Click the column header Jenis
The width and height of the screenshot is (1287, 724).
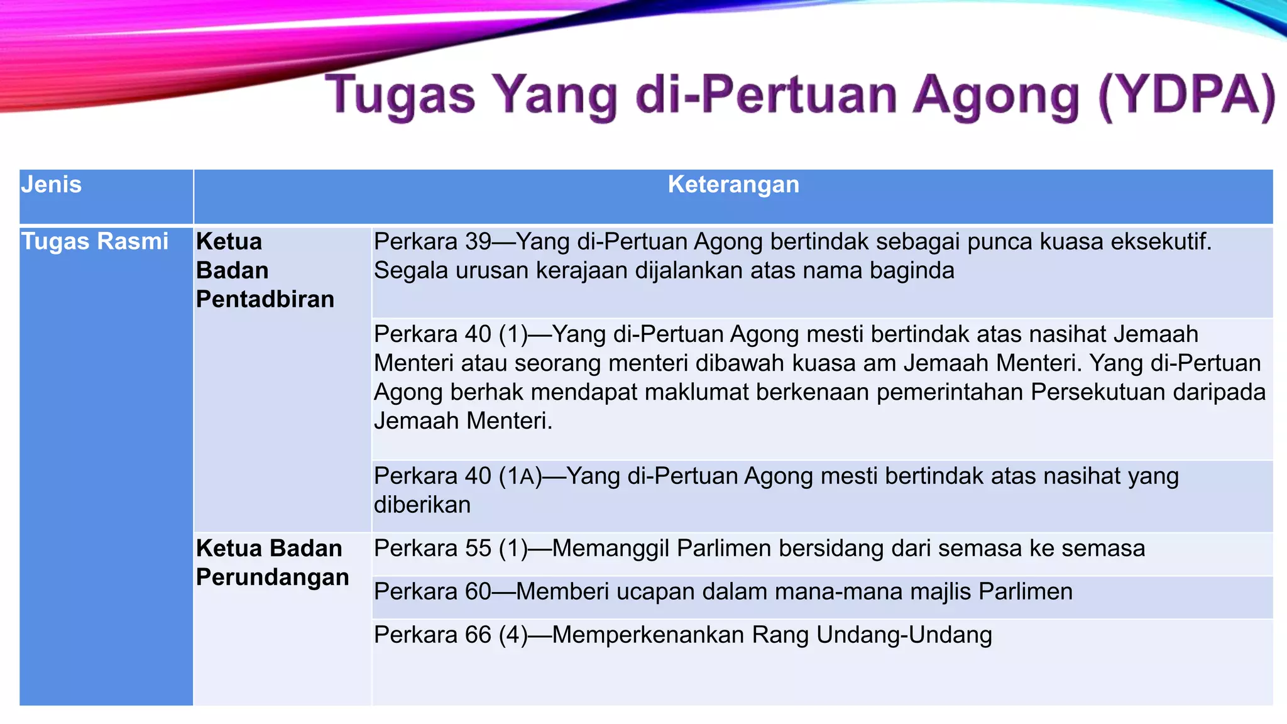coord(52,185)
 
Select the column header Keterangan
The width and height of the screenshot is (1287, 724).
coord(733,185)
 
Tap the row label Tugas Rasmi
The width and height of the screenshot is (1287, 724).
coord(95,241)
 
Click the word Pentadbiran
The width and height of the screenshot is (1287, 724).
coord(265,299)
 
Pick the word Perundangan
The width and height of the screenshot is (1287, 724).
coord(272,577)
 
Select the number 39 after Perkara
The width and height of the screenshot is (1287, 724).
coord(478,241)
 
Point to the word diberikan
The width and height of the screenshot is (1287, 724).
coord(422,505)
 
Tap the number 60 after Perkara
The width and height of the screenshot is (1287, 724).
coord(478,591)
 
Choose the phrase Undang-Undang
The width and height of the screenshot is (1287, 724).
coord(904,635)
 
